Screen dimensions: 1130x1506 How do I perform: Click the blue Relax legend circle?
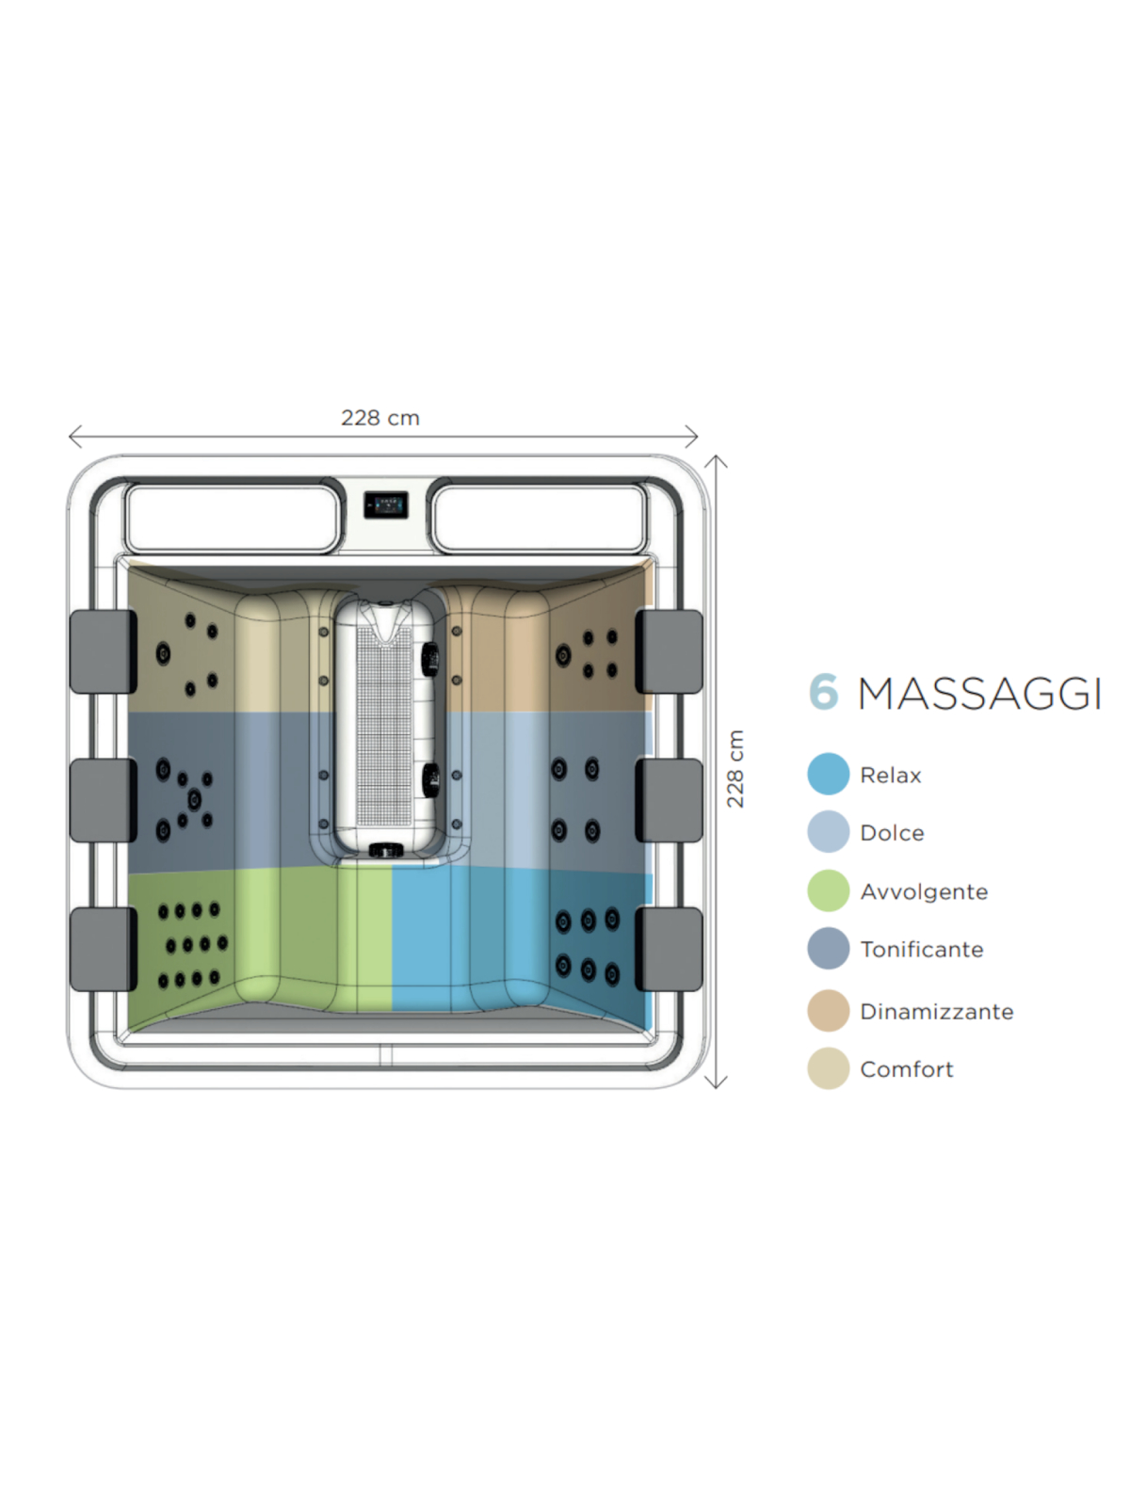[828, 774]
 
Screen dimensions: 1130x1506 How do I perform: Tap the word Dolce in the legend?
[891, 833]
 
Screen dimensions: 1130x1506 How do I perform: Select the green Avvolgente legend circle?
[828, 890]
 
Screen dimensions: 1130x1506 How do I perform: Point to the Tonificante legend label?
[922, 950]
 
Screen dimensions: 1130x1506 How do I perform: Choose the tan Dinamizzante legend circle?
[828, 1010]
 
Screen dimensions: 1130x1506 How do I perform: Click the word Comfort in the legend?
[906, 1069]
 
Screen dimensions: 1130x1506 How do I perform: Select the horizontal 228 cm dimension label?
[380, 418]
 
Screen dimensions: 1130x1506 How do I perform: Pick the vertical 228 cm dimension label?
[734, 768]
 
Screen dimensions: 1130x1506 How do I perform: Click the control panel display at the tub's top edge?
[385, 505]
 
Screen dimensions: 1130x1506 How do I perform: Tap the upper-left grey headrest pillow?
[103, 651]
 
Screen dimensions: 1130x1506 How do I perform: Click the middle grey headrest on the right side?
[669, 800]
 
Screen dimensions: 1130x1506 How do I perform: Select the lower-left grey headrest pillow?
[103, 949]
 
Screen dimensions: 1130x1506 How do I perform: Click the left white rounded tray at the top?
[232, 518]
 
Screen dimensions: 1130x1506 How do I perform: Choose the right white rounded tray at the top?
[540, 518]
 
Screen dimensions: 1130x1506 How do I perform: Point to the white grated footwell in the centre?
[384, 728]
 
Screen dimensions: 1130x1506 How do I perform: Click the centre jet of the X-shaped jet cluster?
[194, 798]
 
